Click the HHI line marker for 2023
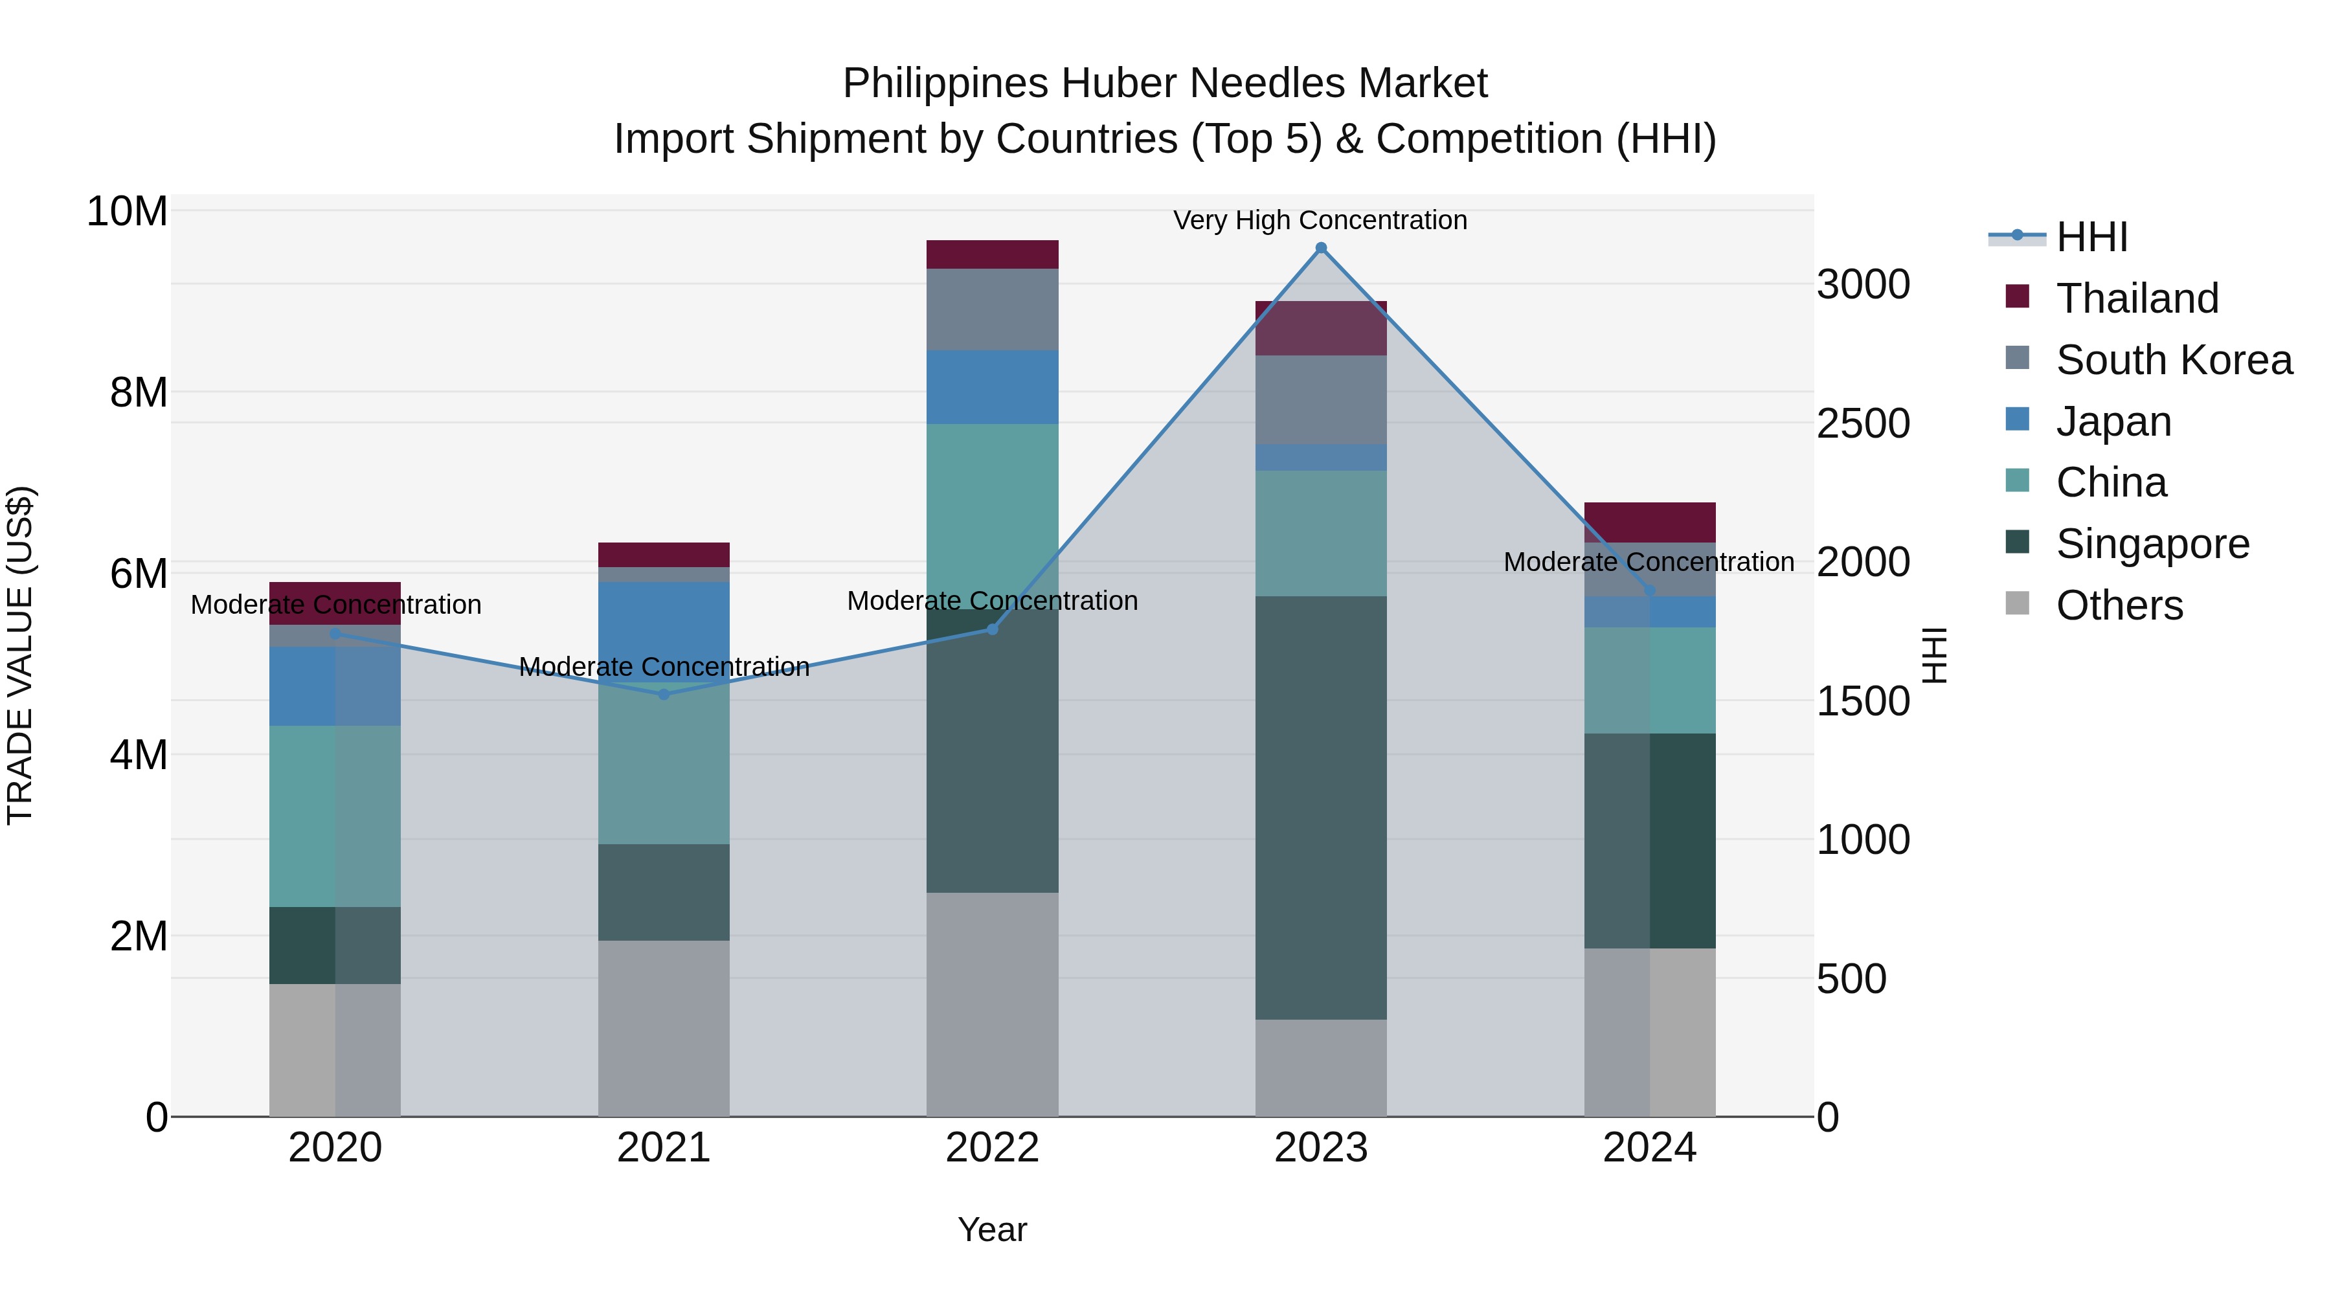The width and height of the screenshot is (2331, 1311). (1320, 248)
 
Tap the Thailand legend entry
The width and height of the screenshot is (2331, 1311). (2137, 298)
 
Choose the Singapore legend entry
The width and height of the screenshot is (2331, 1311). (2152, 544)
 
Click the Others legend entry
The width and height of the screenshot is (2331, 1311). (2119, 605)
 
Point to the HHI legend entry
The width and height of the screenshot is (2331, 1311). (2091, 237)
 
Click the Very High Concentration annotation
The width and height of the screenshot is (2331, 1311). (1320, 220)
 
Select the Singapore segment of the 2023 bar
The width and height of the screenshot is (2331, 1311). (1320, 807)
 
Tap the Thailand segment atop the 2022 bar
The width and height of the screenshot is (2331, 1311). (992, 254)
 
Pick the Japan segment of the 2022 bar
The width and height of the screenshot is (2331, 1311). (992, 387)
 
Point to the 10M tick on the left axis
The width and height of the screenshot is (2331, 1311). (127, 212)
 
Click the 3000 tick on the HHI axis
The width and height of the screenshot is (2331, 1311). (1862, 285)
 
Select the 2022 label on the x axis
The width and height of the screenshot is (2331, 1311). (992, 1148)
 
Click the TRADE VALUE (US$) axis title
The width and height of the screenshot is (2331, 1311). (20, 655)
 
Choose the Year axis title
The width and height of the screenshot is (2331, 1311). (992, 1229)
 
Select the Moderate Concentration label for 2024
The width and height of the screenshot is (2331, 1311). (1648, 562)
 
